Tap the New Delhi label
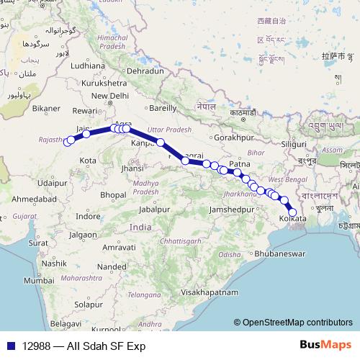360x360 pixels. [x=109, y=96]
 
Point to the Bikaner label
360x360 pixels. [x=46, y=109]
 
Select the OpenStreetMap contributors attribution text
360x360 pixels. [x=297, y=323]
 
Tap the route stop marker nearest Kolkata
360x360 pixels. [x=292, y=212]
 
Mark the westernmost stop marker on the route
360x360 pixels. [x=68, y=142]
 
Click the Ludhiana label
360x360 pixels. [x=88, y=66]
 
